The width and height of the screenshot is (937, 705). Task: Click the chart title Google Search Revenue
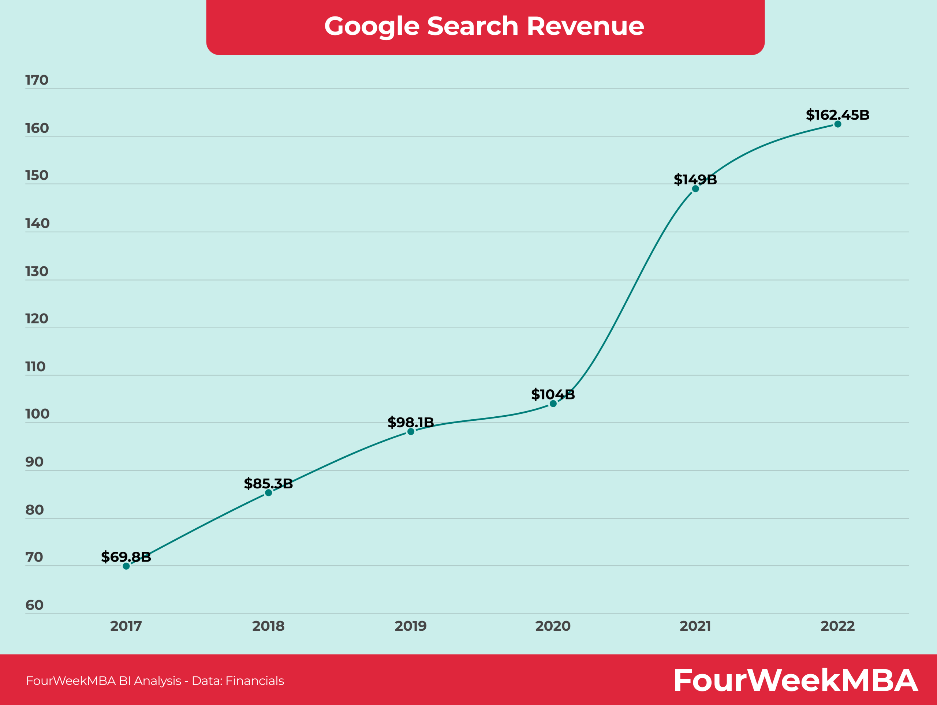tap(484, 26)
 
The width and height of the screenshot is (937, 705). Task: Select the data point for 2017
tap(126, 566)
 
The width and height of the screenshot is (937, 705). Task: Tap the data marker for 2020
tap(553, 404)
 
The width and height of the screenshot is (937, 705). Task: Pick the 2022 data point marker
tap(838, 124)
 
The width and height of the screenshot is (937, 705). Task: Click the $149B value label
tap(695, 180)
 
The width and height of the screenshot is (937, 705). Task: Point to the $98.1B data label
tap(410, 422)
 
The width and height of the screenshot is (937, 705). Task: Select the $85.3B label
tap(268, 484)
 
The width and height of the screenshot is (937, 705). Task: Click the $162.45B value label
tap(837, 115)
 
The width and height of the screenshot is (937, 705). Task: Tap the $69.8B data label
tap(126, 557)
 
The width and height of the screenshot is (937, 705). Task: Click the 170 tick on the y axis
tap(37, 80)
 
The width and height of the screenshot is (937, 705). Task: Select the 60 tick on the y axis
tap(34, 605)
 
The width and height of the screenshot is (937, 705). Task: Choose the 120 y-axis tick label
tap(37, 318)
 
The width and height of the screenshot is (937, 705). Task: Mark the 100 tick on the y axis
tap(37, 414)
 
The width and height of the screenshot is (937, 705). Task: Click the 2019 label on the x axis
tap(410, 626)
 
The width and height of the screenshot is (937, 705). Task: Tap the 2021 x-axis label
tap(695, 626)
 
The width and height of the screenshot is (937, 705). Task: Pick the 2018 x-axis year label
tap(268, 626)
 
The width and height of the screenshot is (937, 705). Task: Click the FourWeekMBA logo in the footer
tap(795, 680)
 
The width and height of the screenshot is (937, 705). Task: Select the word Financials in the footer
tap(255, 681)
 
